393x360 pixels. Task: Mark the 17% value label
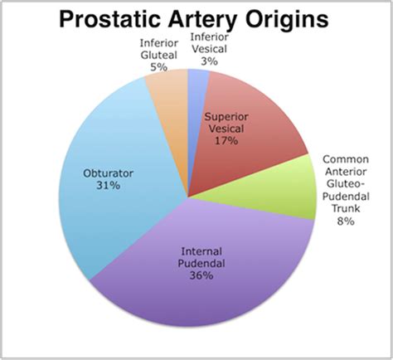[x=227, y=142]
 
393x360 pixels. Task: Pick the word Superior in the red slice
[x=227, y=116]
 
